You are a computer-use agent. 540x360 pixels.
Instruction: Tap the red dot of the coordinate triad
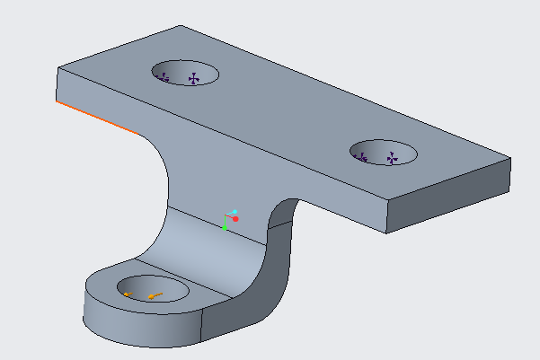pyautogui.click(x=235, y=218)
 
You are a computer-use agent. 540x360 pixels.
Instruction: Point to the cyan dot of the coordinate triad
pyautogui.click(x=235, y=212)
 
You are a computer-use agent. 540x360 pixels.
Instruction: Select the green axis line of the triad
pyautogui.click(x=225, y=224)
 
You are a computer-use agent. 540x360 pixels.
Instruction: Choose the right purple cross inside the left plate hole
pyautogui.click(x=192, y=79)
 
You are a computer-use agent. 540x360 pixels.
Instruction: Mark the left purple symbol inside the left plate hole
pyautogui.click(x=164, y=78)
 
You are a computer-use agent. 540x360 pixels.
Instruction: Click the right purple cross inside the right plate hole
pyautogui.click(x=392, y=158)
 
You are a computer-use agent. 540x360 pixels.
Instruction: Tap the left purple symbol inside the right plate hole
pyautogui.click(x=363, y=157)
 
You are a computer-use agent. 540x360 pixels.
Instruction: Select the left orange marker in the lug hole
pyautogui.click(x=128, y=294)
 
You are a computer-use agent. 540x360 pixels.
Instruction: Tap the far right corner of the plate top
pyautogui.click(x=510, y=159)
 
